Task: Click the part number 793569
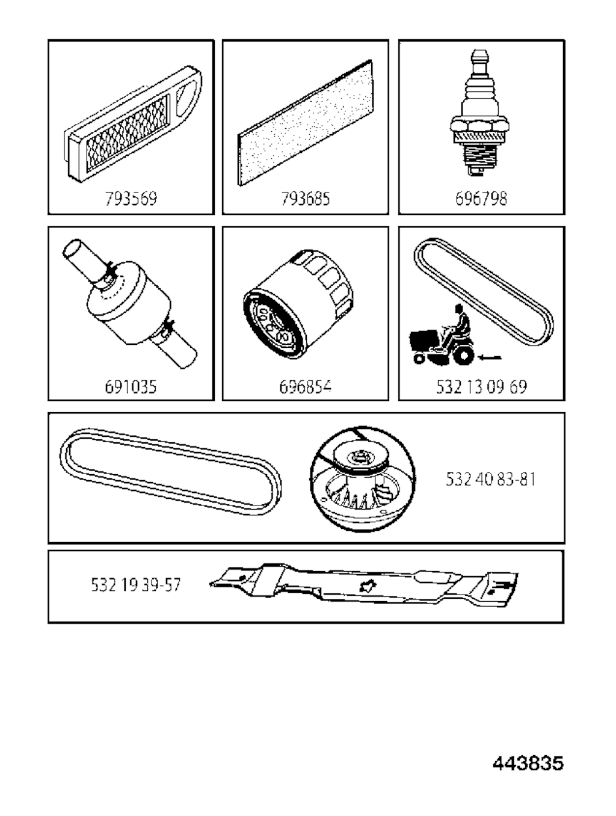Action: [131, 199]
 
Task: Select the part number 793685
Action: [306, 199]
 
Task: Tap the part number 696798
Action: [481, 199]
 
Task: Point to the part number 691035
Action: [131, 386]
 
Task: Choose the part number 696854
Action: [306, 386]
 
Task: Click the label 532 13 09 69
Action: [481, 386]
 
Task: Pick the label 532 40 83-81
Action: [490, 479]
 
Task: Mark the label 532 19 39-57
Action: [136, 584]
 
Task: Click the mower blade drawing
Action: [364, 586]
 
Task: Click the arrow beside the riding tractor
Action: [490, 357]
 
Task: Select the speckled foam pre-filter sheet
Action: [304, 123]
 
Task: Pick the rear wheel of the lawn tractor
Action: [464, 356]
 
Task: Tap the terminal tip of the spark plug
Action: [479, 56]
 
